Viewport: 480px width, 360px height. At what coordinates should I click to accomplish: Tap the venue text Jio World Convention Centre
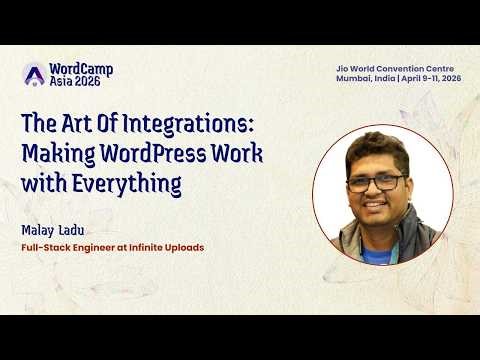click(x=398, y=67)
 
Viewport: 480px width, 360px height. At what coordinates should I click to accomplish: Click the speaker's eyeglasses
click(x=377, y=183)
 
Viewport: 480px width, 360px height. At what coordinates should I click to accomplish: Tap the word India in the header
click(x=385, y=78)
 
